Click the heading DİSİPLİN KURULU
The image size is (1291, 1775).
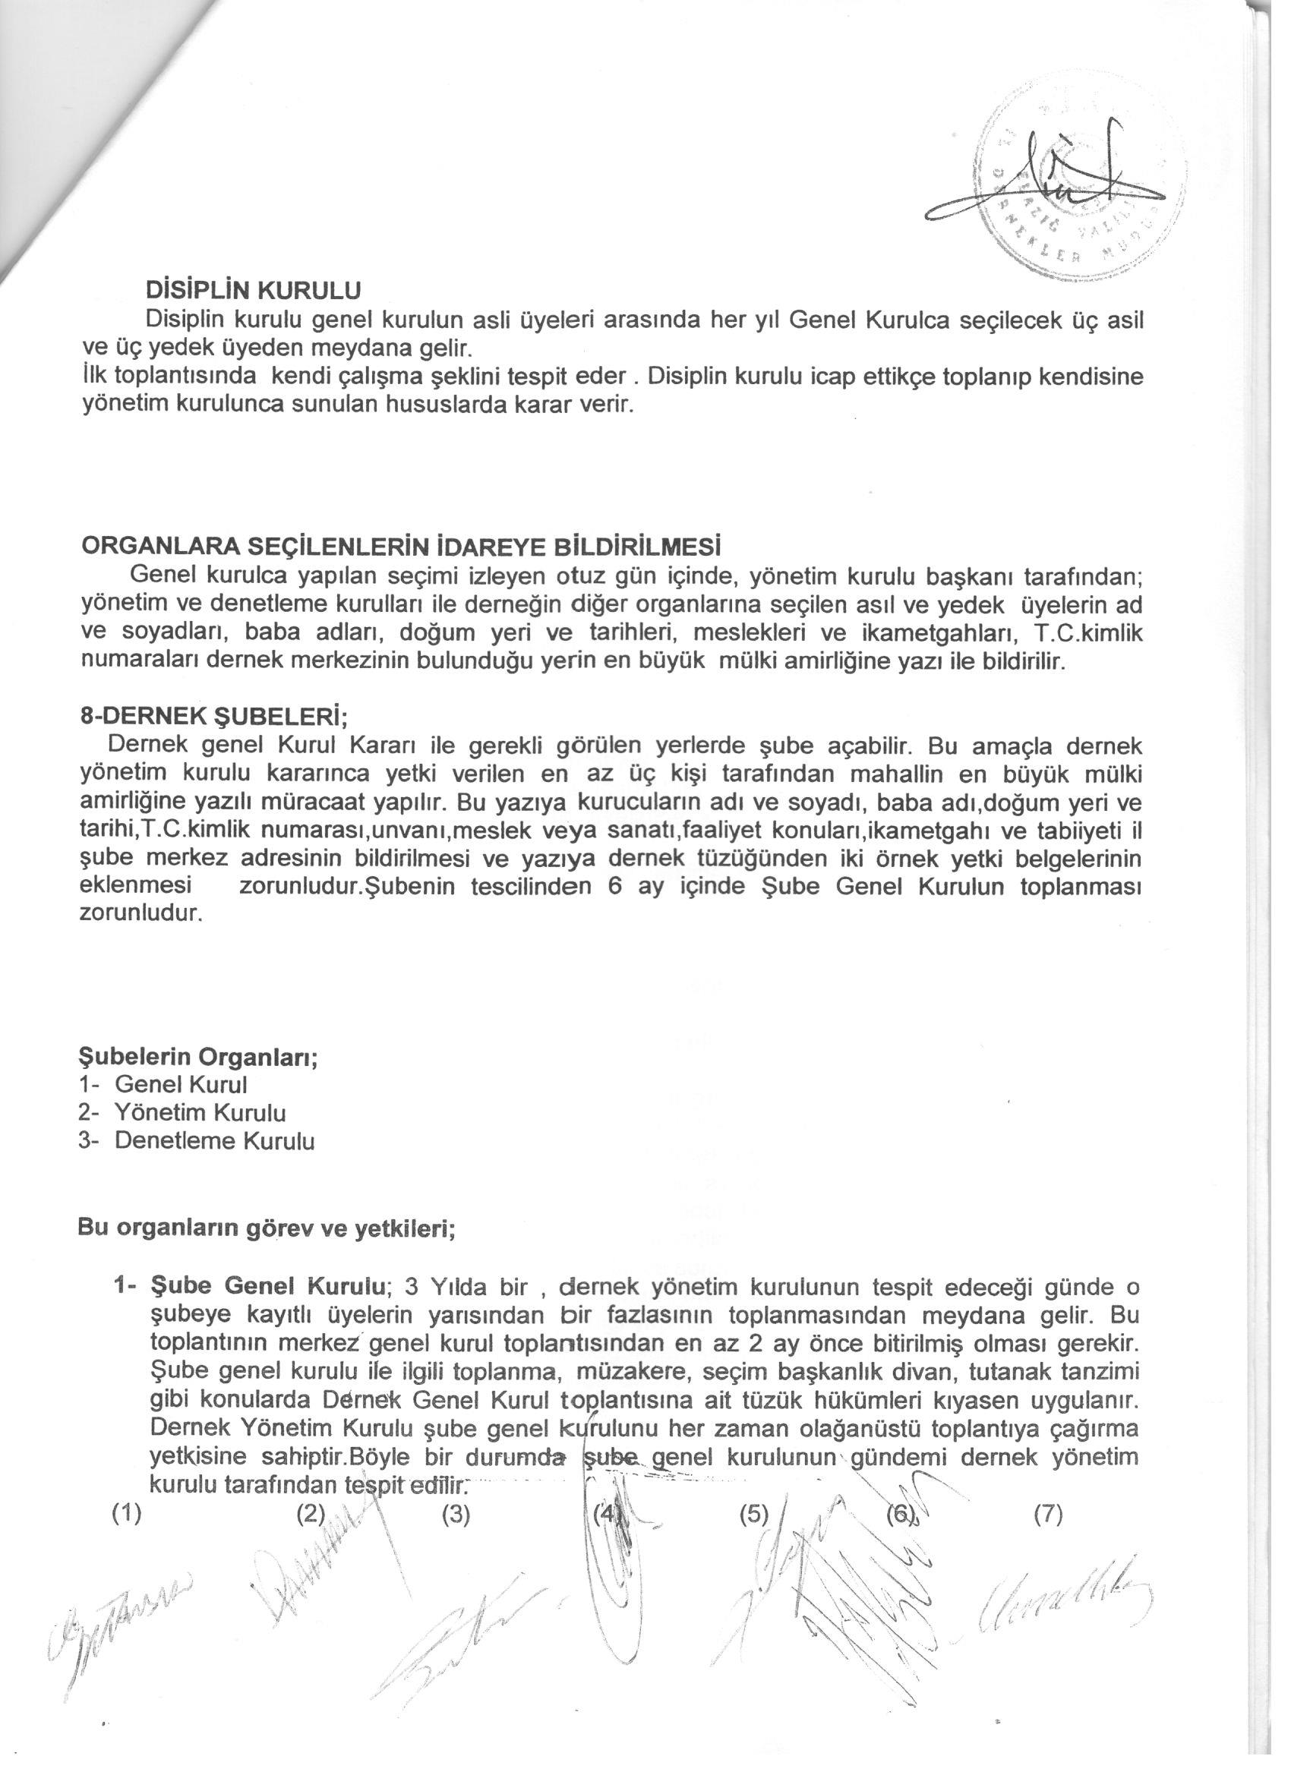[253, 289]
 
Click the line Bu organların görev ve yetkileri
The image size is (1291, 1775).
[267, 1228]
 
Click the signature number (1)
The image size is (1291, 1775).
[127, 1515]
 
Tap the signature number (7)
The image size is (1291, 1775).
[1047, 1515]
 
